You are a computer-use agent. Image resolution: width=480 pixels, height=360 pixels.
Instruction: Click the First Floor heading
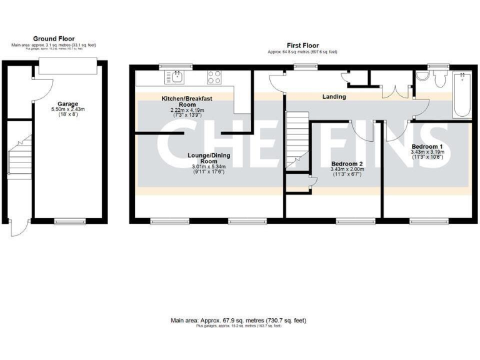point(303,45)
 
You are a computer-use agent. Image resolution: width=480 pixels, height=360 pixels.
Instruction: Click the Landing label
point(334,97)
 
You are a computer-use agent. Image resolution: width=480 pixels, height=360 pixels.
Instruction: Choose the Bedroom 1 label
point(427,146)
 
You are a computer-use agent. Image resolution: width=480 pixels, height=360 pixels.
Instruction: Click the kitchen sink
point(174,77)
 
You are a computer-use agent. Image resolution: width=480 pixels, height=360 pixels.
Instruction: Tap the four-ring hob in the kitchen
point(214,77)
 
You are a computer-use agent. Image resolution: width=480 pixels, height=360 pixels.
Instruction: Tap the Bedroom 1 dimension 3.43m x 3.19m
point(427,152)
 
